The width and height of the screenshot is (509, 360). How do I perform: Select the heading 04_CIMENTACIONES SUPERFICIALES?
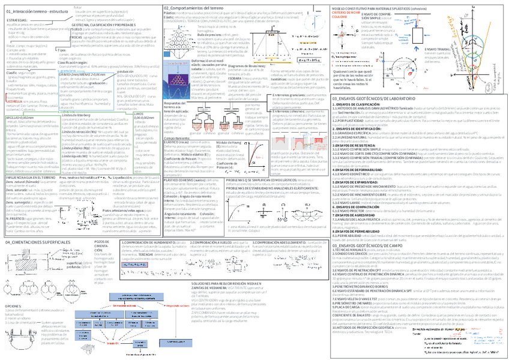coord(40,241)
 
